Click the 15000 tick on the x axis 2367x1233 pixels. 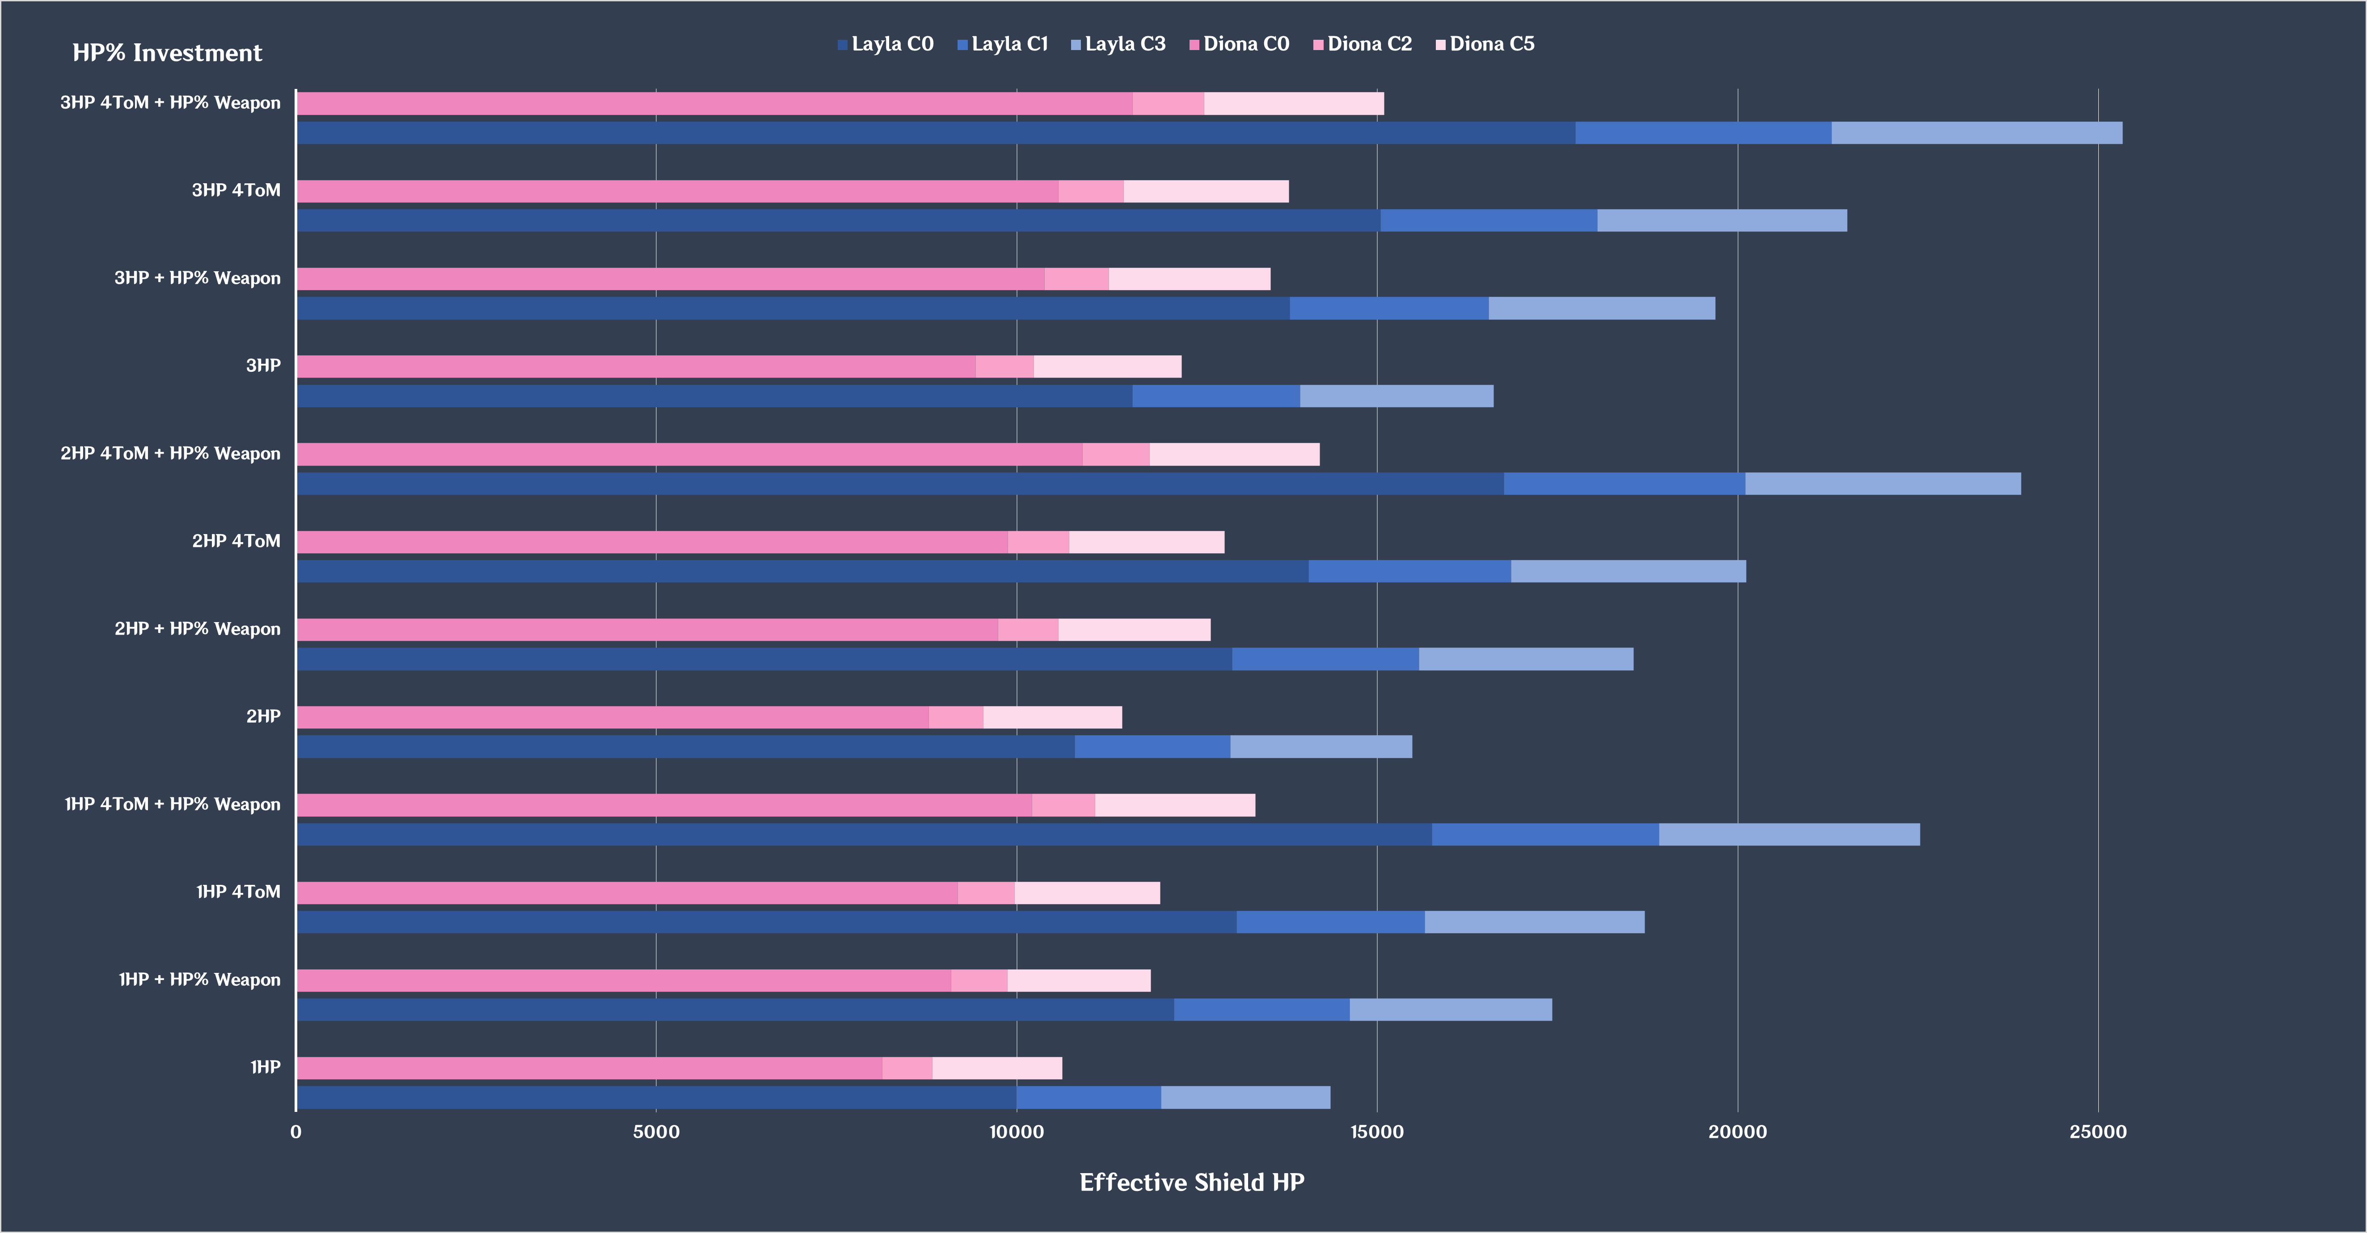click(x=1376, y=1132)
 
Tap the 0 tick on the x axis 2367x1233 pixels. click(x=296, y=1132)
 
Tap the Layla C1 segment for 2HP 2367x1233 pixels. click(x=1152, y=747)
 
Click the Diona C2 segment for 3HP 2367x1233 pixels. click(x=1004, y=366)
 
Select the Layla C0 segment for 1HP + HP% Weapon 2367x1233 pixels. click(x=735, y=1010)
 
